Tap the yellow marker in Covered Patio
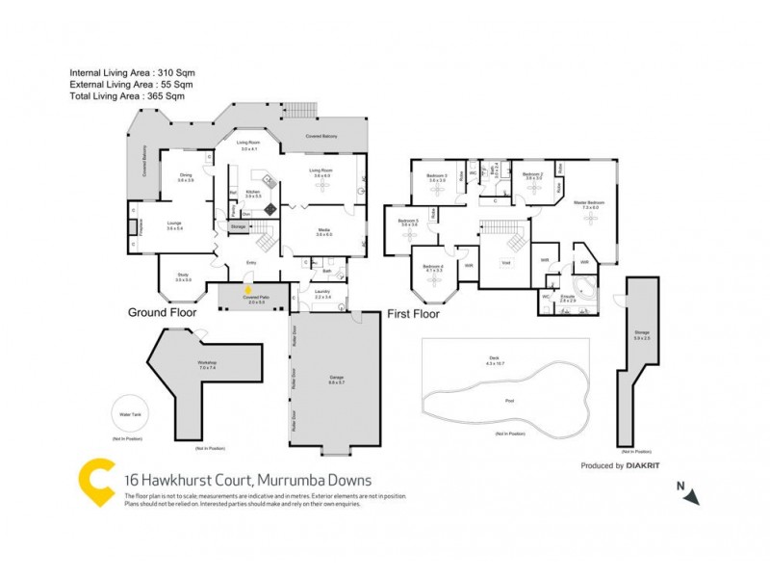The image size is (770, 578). click(x=248, y=287)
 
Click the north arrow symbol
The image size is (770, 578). click(x=691, y=495)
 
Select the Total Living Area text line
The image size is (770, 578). click(x=126, y=96)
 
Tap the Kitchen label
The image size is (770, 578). click(x=252, y=193)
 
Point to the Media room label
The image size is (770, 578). click(x=323, y=231)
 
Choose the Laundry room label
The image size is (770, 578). click(x=322, y=293)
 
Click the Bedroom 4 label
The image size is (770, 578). click(x=432, y=267)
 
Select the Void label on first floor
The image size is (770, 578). click(x=505, y=262)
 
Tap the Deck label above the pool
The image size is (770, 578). click(x=495, y=358)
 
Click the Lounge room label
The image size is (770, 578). click(x=174, y=224)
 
